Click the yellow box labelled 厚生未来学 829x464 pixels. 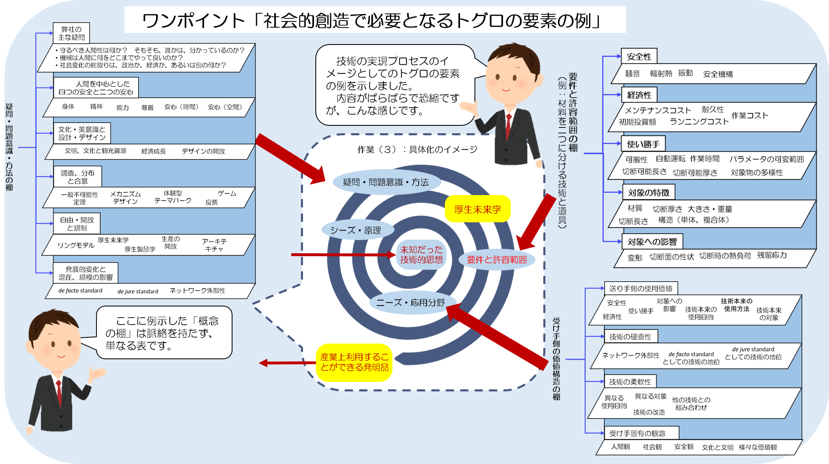[477, 209]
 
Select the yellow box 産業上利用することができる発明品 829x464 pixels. [354, 362]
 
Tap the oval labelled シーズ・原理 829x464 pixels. [356, 230]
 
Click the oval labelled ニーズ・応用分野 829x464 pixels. [411, 303]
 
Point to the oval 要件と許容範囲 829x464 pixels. [497, 259]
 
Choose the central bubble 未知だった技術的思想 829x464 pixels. [421, 254]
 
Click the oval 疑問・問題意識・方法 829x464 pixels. [386, 182]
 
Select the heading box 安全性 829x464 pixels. [639, 57]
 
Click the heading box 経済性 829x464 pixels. [639, 95]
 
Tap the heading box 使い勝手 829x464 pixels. [643, 144]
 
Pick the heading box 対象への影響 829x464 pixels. [652, 242]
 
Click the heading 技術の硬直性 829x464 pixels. [630, 337]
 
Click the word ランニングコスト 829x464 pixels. [699, 122]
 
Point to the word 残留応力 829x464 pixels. [772, 255]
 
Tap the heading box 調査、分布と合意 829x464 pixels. [77, 177]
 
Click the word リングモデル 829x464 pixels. [76, 245]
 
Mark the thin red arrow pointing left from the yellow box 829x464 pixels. [287, 363]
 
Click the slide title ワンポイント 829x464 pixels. [194, 21]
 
